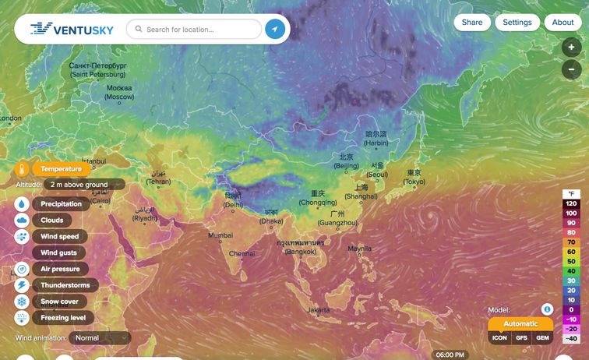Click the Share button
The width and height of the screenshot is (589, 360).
click(x=472, y=23)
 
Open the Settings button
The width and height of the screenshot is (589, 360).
click(x=517, y=23)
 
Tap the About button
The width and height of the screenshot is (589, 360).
click(x=563, y=23)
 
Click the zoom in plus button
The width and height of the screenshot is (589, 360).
click(x=571, y=48)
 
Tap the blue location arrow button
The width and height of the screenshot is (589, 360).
click(x=275, y=30)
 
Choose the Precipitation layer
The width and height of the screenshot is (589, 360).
click(x=62, y=204)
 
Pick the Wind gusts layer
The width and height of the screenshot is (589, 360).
click(x=59, y=252)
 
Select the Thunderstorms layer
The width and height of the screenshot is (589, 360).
click(x=65, y=285)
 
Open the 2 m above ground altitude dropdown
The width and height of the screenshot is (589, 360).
click(x=84, y=185)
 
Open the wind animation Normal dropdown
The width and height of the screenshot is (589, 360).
click(x=100, y=338)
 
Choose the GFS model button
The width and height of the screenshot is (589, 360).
click(x=521, y=338)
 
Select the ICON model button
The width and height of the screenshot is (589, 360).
click(x=499, y=338)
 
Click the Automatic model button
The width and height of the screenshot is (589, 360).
click(x=520, y=323)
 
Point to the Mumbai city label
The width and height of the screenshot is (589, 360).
click(x=220, y=235)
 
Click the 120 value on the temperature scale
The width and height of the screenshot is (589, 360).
click(x=572, y=203)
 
